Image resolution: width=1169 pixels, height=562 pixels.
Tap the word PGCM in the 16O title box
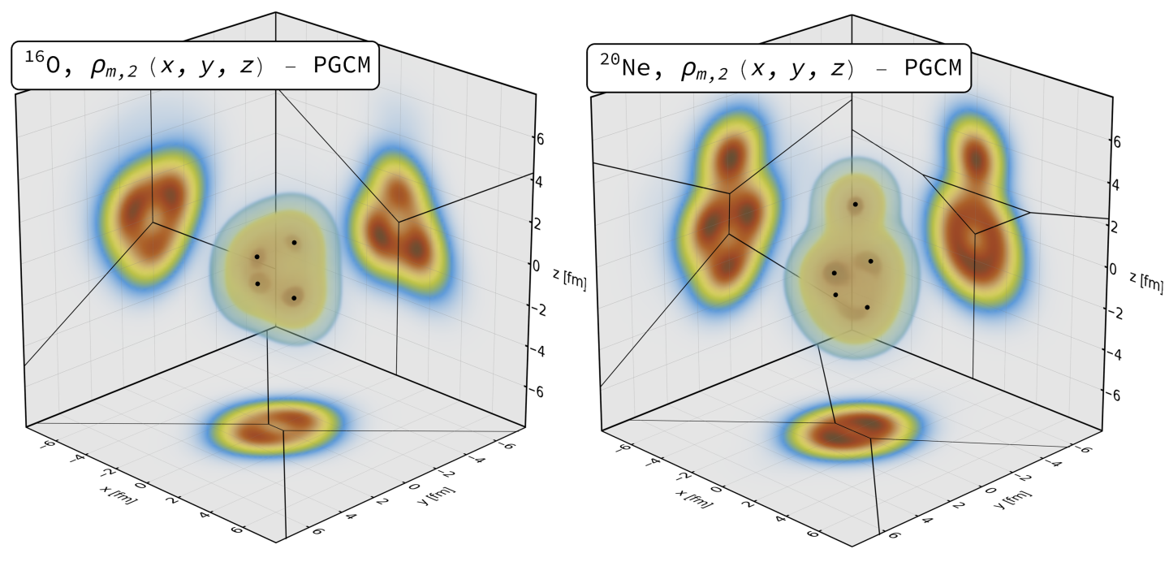pyautogui.click(x=341, y=66)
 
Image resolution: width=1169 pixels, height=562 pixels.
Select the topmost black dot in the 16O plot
pyautogui.click(x=294, y=242)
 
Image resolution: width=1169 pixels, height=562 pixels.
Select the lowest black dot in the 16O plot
pyautogui.click(x=294, y=298)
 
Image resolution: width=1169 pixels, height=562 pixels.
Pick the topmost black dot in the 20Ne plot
pyautogui.click(x=855, y=204)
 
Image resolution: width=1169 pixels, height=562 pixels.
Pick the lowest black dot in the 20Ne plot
pyautogui.click(x=867, y=307)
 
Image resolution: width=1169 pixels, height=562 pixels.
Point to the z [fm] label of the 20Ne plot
pyautogui.click(x=1145, y=280)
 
